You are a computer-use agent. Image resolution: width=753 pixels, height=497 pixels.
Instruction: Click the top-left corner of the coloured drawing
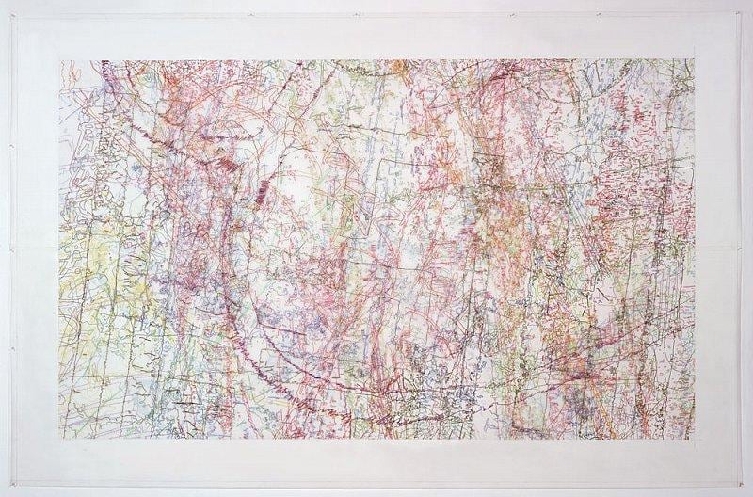coord(60,61)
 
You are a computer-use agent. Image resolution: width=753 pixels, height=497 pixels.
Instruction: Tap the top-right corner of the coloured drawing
coord(694,61)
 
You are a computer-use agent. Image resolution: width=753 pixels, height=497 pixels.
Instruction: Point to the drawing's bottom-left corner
coord(60,439)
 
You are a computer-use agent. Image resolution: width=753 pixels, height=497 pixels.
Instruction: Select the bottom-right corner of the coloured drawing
coord(694,439)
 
